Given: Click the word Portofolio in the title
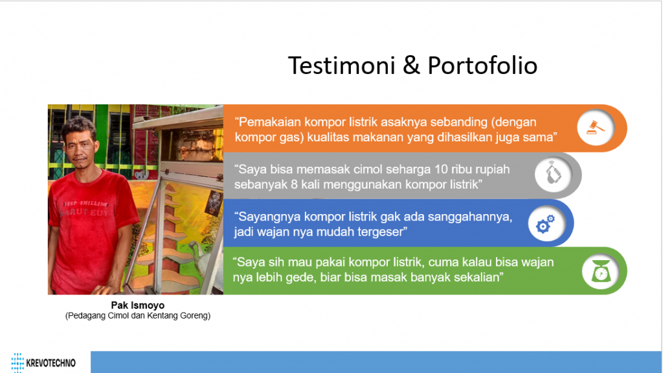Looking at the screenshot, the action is point(482,66).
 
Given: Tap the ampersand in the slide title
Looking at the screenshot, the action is point(412,66).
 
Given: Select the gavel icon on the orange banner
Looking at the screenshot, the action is point(596,127).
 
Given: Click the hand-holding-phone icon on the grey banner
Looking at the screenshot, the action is point(553,174).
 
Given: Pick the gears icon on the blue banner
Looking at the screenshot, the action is point(545,224).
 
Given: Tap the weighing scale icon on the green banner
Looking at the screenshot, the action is point(601,271).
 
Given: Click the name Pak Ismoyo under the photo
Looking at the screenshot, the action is point(138,305).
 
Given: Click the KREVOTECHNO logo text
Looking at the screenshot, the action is point(51,363).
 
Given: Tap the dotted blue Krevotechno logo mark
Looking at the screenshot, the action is point(17,363).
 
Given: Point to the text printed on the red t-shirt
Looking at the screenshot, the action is point(85,208).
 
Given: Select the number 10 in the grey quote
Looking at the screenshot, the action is point(441,169).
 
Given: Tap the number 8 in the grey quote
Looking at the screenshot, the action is point(294,185).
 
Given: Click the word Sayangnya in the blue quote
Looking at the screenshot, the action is point(270,217).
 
